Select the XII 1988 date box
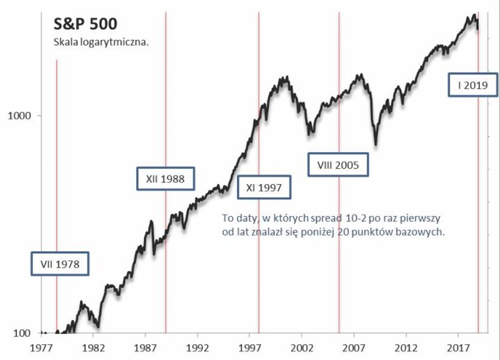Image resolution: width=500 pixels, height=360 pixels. click(165, 179)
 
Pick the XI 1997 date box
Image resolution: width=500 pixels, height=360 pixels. click(264, 187)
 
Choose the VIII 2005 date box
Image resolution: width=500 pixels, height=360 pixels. click(338, 165)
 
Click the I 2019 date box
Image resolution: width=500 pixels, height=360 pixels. click(473, 86)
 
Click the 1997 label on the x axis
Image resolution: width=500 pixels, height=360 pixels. click(250, 349)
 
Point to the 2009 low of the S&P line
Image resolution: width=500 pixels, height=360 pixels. click(375, 144)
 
